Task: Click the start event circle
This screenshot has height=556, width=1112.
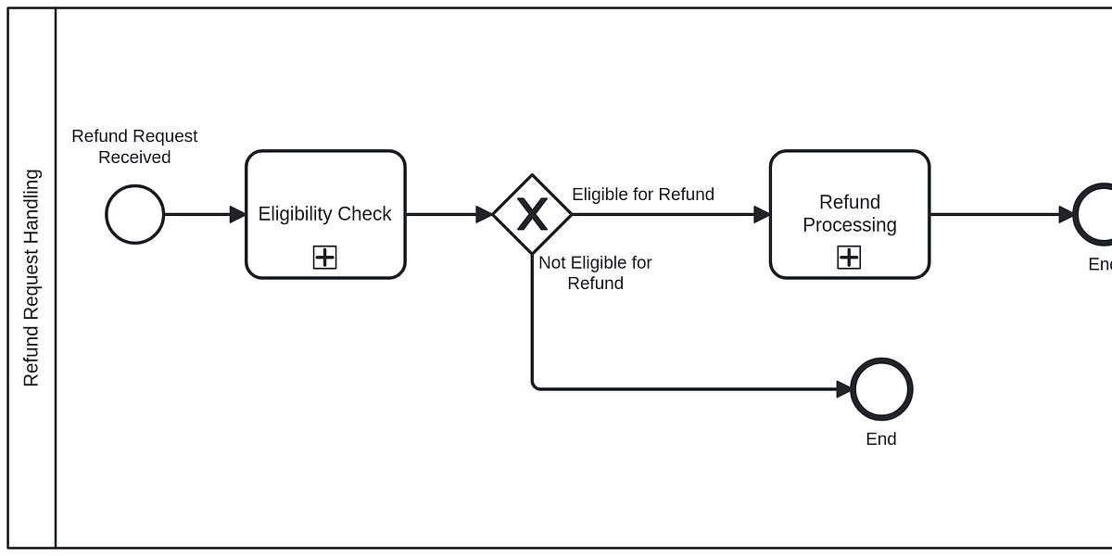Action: (135, 214)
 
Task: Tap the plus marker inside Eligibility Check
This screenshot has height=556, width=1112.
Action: (324, 258)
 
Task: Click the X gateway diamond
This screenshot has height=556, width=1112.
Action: (532, 214)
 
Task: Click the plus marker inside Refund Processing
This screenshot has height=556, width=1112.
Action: (849, 258)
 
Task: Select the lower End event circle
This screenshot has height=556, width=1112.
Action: (881, 389)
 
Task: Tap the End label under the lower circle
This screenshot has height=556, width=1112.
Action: (881, 439)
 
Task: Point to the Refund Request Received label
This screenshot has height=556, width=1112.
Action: (134, 146)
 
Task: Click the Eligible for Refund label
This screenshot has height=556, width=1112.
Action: (643, 194)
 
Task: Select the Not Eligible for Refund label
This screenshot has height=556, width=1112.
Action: (595, 272)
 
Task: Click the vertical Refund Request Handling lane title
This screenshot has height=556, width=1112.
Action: (32, 277)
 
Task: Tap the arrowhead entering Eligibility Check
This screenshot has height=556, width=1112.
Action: (237, 214)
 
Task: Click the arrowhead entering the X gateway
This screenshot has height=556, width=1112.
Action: (484, 214)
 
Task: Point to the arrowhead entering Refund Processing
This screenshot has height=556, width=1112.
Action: (762, 214)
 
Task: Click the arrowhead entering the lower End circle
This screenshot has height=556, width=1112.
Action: (843, 389)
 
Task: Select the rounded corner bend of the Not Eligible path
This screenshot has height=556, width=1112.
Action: (535, 386)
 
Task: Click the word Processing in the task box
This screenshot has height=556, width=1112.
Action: (850, 225)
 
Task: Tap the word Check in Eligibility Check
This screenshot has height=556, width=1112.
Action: (368, 214)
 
